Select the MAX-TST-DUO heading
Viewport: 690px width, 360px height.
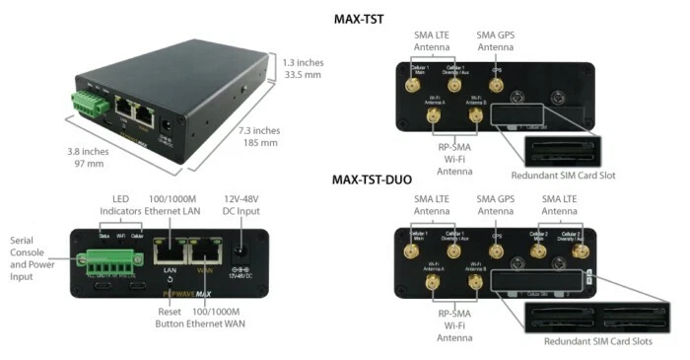(x=372, y=180)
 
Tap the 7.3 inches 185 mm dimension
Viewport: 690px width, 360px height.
(x=259, y=136)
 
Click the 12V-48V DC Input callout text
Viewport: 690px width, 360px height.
(x=240, y=202)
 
